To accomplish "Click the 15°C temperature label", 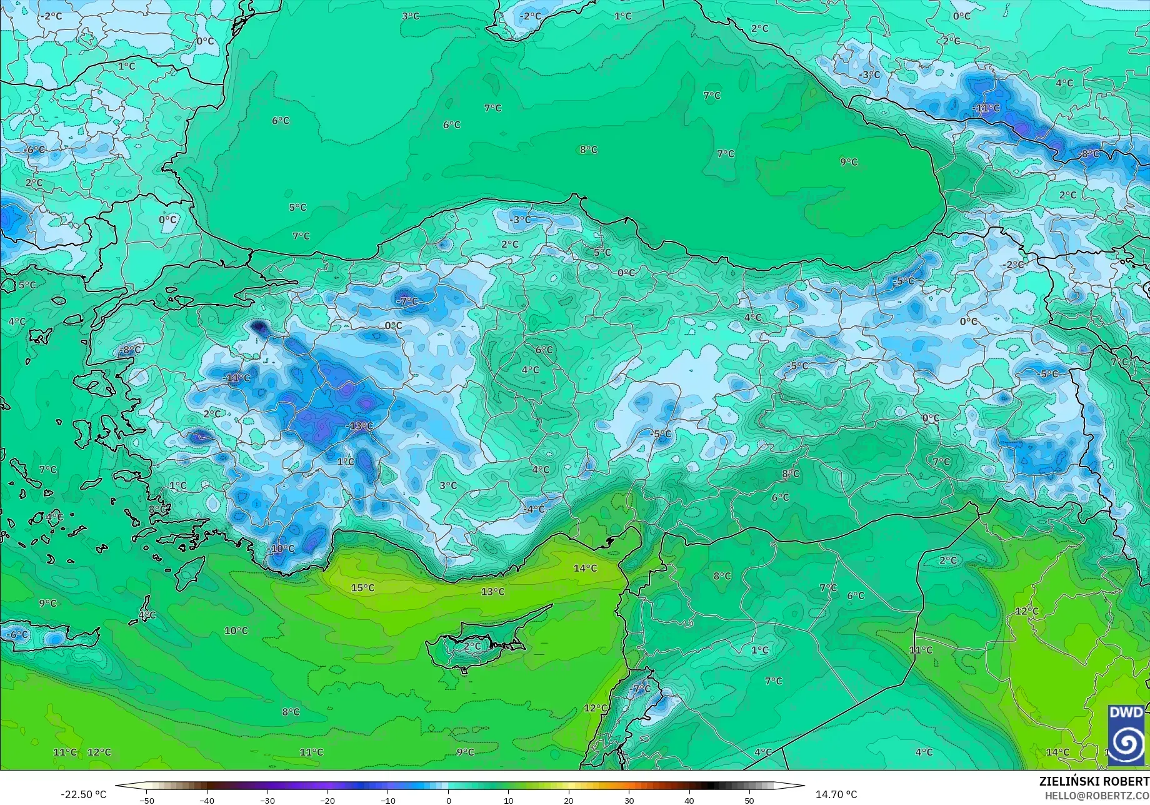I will click(362, 588).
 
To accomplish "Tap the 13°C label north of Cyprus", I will click(492, 592).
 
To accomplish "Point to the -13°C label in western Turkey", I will click(359, 427).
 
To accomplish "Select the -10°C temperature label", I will click(281, 549).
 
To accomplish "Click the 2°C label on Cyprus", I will click(472, 646).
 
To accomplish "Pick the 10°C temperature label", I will click(236, 630).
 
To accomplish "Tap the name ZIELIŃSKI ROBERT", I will click(1094, 781).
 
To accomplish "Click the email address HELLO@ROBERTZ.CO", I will click(1097, 796).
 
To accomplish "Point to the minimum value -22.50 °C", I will click(83, 794).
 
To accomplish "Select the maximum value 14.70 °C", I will click(836, 794).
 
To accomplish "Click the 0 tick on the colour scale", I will click(448, 800).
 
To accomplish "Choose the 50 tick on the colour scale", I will click(749, 800).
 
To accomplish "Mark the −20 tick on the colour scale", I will click(327, 800).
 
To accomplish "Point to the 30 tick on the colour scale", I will click(629, 800).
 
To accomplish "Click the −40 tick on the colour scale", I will click(207, 800).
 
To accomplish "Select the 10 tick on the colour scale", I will click(508, 800).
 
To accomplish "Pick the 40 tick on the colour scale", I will click(689, 800).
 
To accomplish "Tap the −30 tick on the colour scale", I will click(267, 800).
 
